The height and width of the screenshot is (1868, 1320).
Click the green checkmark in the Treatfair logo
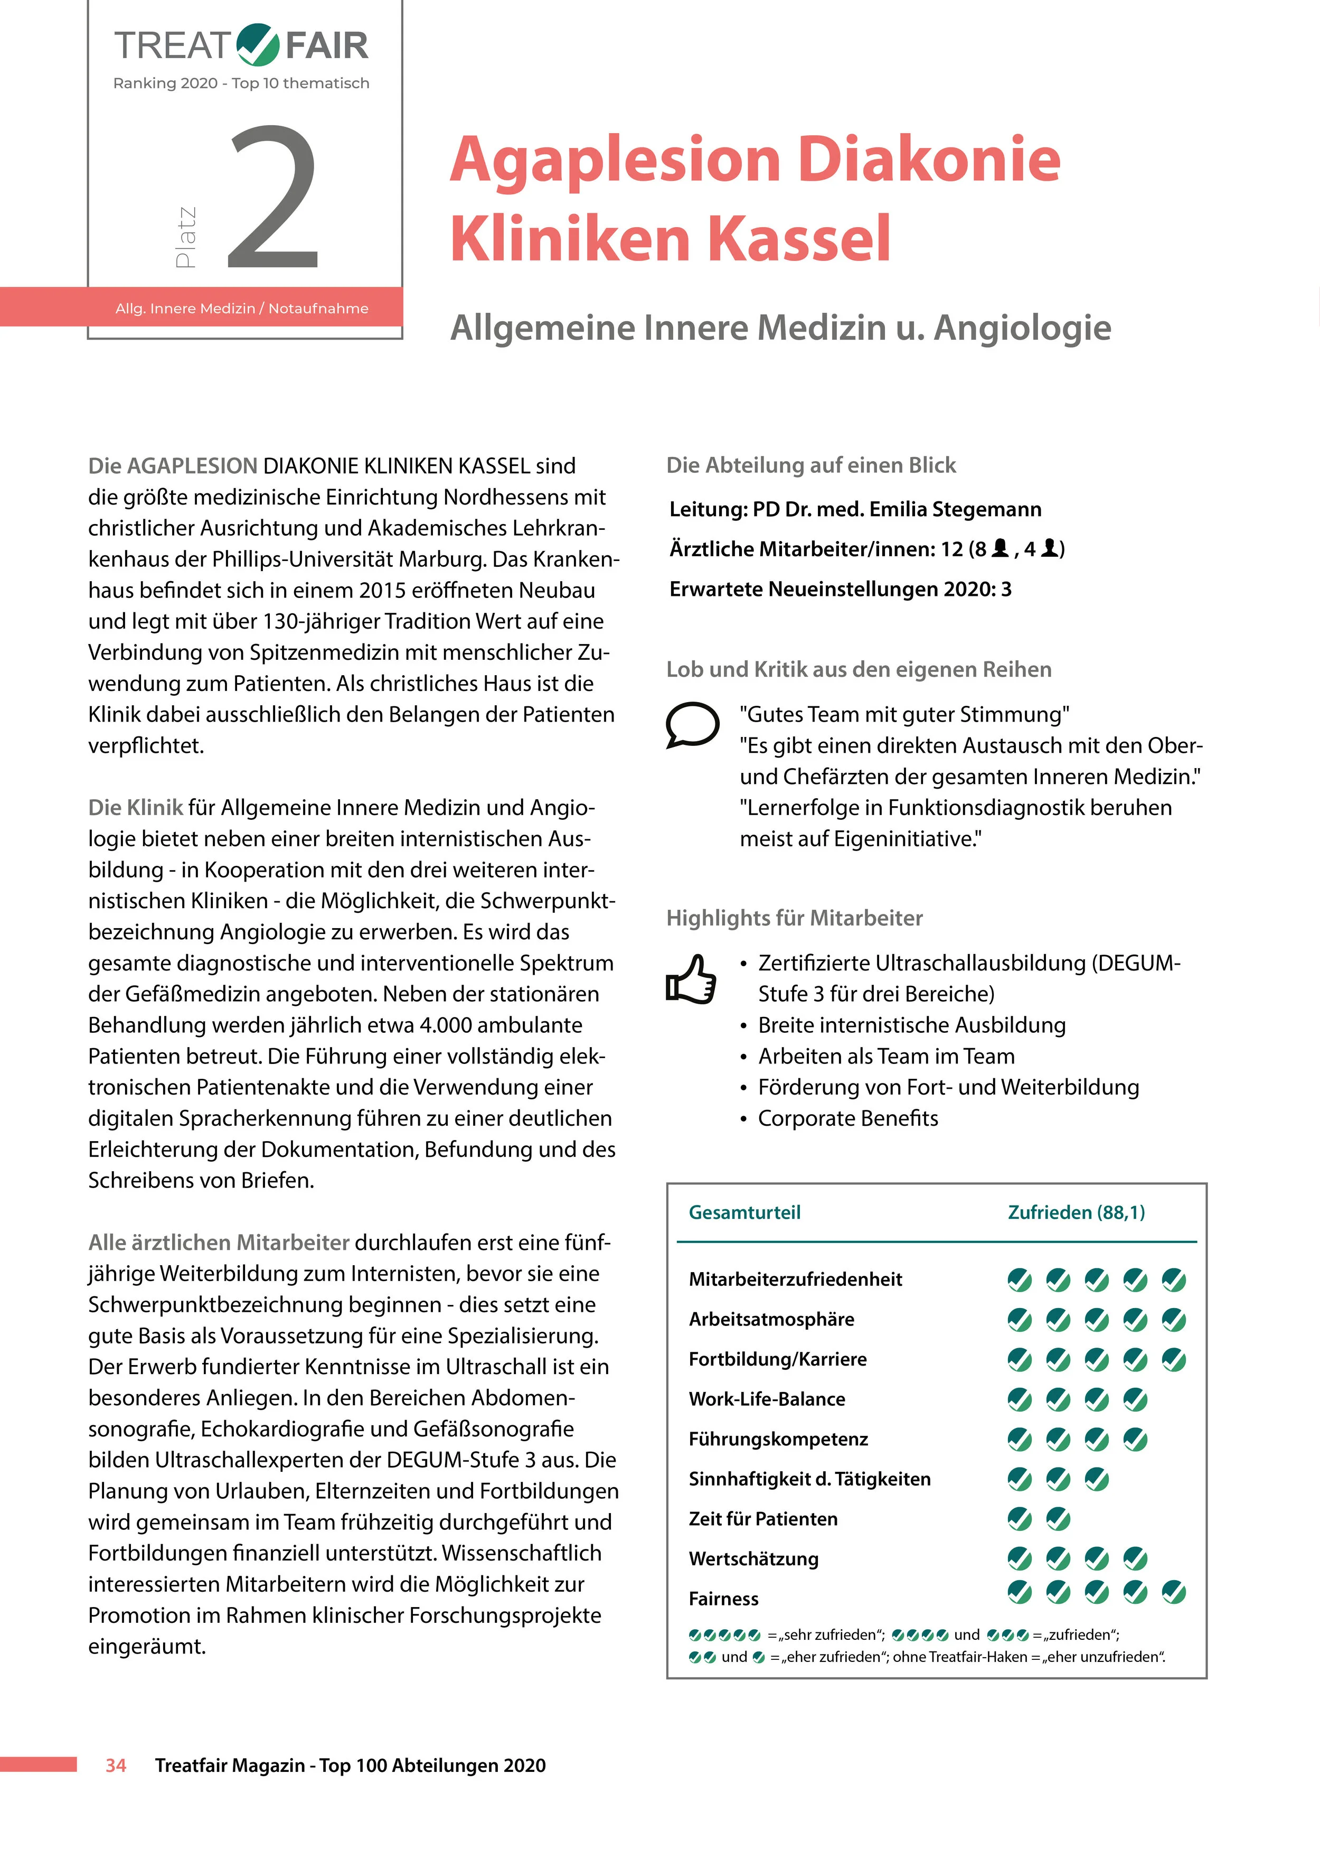[259, 45]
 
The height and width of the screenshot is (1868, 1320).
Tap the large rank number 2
[274, 198]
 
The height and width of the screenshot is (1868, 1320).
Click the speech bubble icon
[692, 723]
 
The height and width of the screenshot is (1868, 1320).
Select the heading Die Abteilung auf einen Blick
[811, 465]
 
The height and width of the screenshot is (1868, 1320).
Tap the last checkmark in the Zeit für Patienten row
[1057, 1518]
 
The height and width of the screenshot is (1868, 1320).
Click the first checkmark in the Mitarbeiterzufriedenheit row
[1019, 1280]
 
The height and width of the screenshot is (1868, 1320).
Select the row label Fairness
[723, 1599]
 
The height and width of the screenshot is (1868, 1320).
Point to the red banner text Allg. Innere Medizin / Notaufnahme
[241, 309]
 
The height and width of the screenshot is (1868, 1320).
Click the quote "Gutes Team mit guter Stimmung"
[903, 714]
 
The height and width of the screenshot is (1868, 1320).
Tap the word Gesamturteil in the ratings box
[744, 1212]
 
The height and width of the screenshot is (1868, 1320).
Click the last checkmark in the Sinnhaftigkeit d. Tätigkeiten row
[1096, 1478]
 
